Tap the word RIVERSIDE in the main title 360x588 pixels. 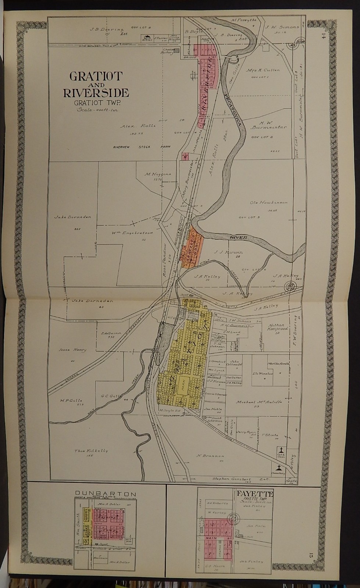[x=96, y=93]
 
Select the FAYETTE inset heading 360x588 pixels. [x=250, y=492]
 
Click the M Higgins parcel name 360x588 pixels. [x=153, y=174]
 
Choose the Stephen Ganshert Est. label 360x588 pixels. [x=241, y=479]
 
